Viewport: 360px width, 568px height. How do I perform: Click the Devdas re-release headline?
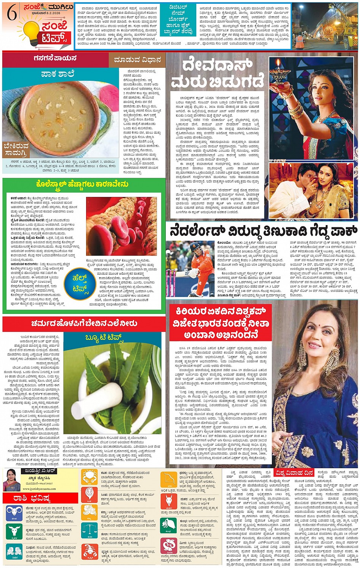pos(217,74)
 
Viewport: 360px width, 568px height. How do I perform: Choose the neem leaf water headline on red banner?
pos(84,323)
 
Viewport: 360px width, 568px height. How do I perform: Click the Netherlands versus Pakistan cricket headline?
pos(263,231)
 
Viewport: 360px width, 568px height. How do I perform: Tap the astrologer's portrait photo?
pos(11,480)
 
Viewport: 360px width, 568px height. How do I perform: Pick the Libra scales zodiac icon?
pos(89,531)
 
